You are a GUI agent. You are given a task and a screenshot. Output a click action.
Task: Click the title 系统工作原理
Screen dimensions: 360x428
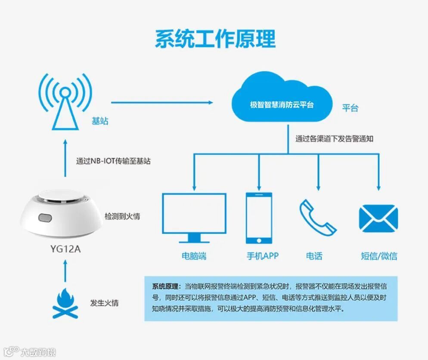[x=215, y=39]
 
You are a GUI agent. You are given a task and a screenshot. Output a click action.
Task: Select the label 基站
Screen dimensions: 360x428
[x=100, y=121]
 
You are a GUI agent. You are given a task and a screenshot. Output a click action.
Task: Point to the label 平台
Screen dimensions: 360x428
[x=350, y=108]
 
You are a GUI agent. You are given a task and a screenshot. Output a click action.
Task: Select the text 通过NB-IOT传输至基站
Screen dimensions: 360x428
[x=113, y=161]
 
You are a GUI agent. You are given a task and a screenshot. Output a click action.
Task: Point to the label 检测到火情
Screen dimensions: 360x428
[x=122, y=216]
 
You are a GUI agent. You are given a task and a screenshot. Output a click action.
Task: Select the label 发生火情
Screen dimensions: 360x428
[x=104, y=303]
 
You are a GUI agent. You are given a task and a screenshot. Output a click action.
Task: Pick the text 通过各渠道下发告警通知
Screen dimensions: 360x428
[x=334, y=138]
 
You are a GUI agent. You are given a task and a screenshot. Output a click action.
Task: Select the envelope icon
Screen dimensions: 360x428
[x=378, y=218]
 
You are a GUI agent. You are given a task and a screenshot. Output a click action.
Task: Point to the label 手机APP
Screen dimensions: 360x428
[x=262, y=256]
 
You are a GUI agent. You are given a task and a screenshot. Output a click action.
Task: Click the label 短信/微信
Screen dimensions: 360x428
[x=378, y=256]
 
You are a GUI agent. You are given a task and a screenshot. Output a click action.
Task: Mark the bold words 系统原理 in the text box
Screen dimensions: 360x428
[x=165, y=286]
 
